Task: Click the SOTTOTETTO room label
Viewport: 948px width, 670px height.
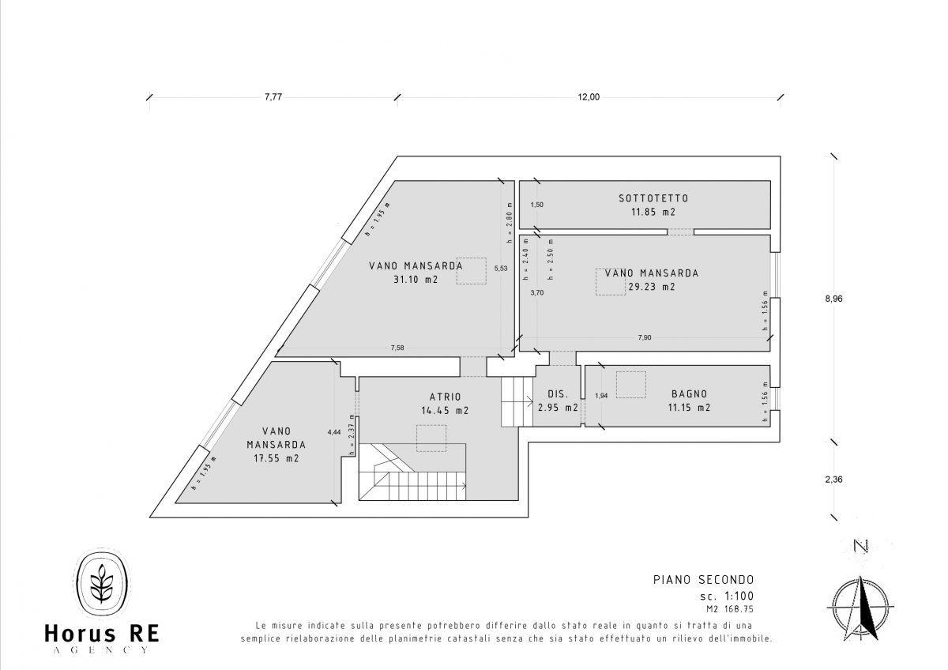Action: (653, 198)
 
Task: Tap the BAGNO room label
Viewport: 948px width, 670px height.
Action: (690, 394)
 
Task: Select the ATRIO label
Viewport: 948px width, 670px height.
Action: (446, 397)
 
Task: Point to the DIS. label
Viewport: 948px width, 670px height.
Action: (558, 394)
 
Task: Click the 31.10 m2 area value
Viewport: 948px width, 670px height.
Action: (416, 280)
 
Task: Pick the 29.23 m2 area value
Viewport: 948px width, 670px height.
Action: (652, 287)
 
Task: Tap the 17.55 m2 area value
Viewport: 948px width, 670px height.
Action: (276, 458)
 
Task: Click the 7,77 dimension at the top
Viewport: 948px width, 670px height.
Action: (273, 97)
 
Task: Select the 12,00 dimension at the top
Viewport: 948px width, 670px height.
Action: (589, 97)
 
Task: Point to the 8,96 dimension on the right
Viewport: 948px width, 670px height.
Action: (833, 299)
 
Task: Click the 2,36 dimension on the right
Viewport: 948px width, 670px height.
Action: (833, 480)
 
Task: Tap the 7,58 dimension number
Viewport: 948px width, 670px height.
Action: (397, 348)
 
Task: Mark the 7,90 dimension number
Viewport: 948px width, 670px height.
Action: (645, 337)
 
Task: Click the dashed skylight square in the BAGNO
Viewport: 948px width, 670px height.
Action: (630, 385)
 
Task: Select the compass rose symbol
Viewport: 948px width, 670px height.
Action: (860, 608)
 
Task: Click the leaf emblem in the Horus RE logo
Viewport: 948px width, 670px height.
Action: (102, 583)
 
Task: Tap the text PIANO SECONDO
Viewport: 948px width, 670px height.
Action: (703, 579)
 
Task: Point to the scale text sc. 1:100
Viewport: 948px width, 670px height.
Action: (727, 596)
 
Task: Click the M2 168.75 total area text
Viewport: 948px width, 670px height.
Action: (730, 609)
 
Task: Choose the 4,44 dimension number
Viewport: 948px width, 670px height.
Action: (334, 432)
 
